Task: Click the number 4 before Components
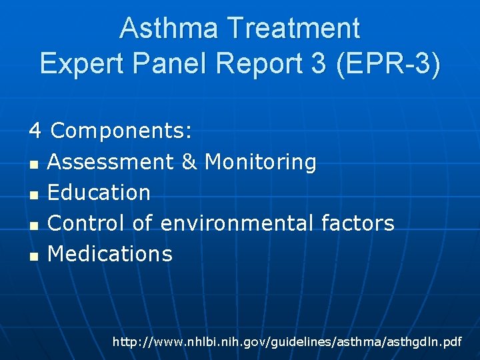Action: pos(35,131)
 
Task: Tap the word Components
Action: pos(121,131)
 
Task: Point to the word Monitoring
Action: pos(261,162)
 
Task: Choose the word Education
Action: pos(99,192)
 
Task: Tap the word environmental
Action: pos(237,223)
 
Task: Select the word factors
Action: pos(359,223)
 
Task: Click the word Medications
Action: pos(110,253)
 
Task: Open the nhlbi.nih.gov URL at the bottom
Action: pos(287,342)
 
